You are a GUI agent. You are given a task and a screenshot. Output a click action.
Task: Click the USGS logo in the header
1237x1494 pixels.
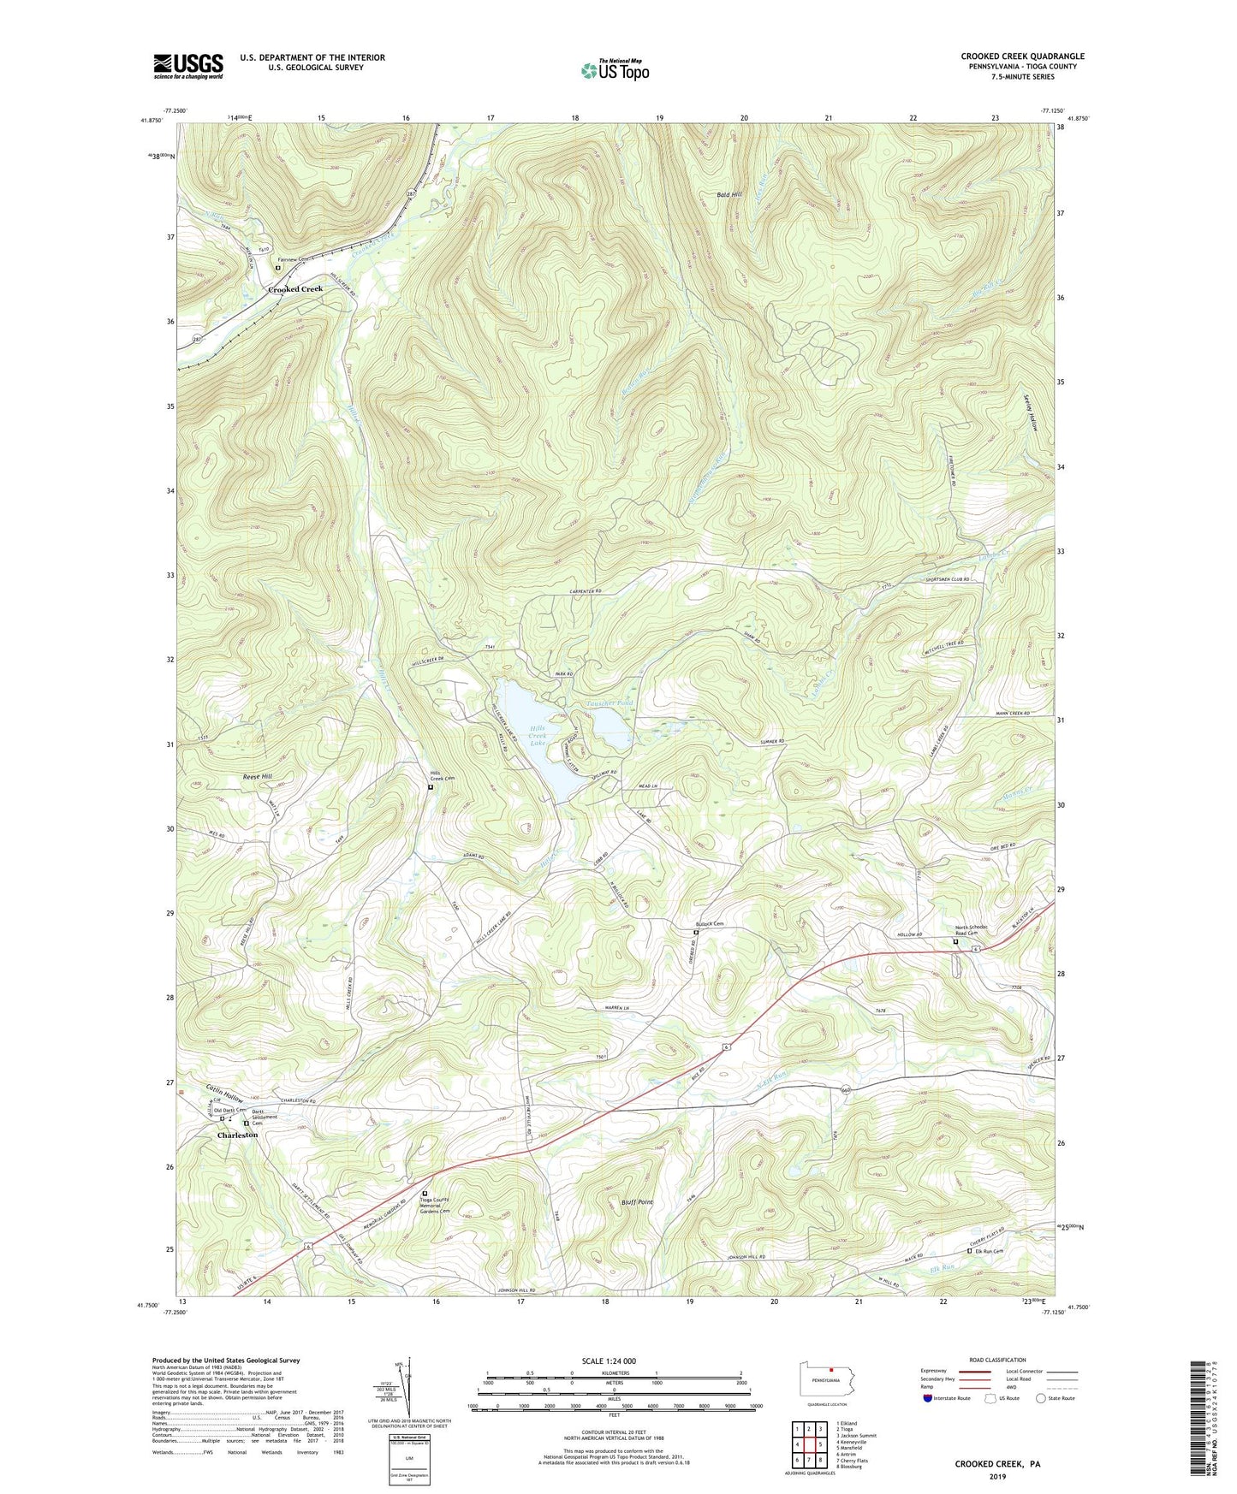pyautogui.click(x=188, y=65)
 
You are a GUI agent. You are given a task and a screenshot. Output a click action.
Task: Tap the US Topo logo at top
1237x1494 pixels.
pyautogui.click(x=615, y=69)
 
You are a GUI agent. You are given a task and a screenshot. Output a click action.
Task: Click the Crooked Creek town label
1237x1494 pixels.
pyautogui.click(x=295, y=289)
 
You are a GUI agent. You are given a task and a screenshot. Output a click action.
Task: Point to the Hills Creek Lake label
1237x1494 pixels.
pyautogui.click(x=537, y=735)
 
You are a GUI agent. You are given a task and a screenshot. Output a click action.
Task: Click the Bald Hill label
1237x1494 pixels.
pyautogui.click(x=730, y=195)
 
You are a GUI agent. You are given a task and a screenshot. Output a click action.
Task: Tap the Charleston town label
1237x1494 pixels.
pyautogui.click(x=237, y=1135)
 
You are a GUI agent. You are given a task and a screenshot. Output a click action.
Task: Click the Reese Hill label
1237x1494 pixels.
pyautogui.click(x=258, y=776)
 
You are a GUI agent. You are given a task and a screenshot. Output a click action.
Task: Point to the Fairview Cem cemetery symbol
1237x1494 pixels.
pyautogui.click(x=278, y=268)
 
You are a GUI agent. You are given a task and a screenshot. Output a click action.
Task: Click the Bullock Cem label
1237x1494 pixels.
pyautogui.click(x=710, y=924)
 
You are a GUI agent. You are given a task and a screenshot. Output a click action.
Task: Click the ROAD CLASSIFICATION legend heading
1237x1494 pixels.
pyautogui.click(x=997, y=1360)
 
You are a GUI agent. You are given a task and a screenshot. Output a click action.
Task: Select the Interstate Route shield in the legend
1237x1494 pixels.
pyautogui.click(x=929, y=1399)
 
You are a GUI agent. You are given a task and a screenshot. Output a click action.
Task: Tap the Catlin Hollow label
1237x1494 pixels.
pyautogui.click(x=224, y=1093)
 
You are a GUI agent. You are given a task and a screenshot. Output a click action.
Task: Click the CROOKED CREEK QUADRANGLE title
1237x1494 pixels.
pyautogui.click(x=1022, y=56)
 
